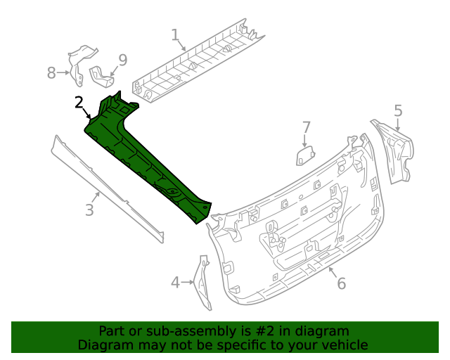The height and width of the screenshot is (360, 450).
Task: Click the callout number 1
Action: [175, 34]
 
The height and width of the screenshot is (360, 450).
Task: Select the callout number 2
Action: [79, 103]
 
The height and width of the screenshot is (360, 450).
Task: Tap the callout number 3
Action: [89, 210]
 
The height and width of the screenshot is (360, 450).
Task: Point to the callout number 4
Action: [175, 283]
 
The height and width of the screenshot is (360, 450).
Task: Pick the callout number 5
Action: [398, 110]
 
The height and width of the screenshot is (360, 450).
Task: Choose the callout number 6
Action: [341, 283]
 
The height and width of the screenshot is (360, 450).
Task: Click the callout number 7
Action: [306, 127]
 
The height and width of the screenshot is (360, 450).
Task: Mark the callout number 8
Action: [51, 72]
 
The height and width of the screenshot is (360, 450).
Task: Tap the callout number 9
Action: [122, 60]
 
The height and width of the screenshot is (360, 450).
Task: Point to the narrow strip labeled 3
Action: [105, 186]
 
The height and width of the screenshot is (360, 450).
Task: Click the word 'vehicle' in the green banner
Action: [344, 345]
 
